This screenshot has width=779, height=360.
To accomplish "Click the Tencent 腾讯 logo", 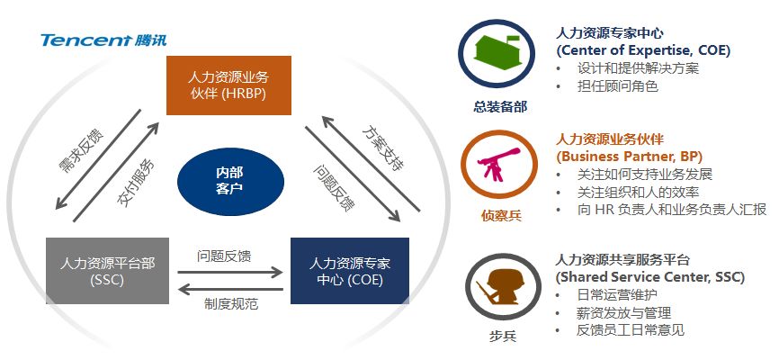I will [x=103, y=40].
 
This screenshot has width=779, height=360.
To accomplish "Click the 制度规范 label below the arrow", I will [x=231, y=303].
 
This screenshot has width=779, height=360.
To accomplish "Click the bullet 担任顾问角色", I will [x=617, y=86].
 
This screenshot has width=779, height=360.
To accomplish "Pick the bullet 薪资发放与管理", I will [x=623, y=312].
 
